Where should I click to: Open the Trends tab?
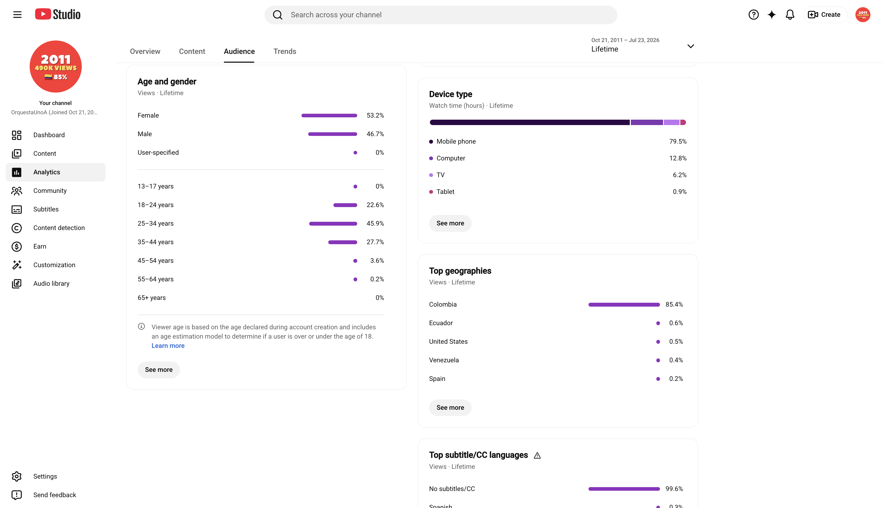(x=285, y=51)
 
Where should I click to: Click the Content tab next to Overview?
(x=192, y=51)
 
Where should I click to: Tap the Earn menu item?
(x=40, y=246)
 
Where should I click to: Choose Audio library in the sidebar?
(x=51, y=283)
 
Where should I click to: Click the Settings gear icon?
(x=17, y=476)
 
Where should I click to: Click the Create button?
(x=825, y=15)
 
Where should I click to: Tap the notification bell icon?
(x=790, y=15)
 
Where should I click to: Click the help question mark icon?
(x=754, y=15)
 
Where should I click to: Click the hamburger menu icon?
(x=18, y=15)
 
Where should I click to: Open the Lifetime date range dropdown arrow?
(x=690, y=46)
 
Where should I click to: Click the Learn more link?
(x=168, y=345)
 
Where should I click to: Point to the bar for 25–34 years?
(x=333, y=224)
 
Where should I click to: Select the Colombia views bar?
(x=624, y=305)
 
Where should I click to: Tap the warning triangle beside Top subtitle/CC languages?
(x=537, y=455)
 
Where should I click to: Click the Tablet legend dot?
(x=431, y=192)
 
